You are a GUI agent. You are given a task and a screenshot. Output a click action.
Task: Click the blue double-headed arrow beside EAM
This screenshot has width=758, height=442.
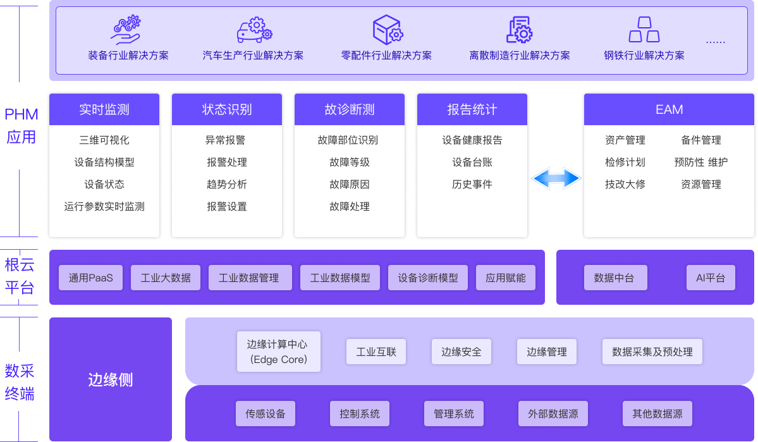click(556, 178)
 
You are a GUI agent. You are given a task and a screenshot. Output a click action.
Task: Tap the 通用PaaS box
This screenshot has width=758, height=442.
click(91, 278)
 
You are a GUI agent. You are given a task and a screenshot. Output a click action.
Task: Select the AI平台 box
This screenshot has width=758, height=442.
click(711, 278)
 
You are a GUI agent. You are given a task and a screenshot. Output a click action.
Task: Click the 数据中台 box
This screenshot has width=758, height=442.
click(614, 278)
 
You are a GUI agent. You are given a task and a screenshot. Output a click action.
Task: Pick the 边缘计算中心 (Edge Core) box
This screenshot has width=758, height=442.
click(278, 352)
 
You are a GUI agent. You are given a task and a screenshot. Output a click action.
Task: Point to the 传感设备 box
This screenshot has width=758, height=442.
click(266, 414)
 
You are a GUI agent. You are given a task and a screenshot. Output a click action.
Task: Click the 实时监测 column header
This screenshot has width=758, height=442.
click(104, 109)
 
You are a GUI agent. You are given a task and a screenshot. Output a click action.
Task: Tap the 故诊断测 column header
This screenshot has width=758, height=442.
click(350, 109)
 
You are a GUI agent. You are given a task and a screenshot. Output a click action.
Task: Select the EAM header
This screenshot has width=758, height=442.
click(669, 109)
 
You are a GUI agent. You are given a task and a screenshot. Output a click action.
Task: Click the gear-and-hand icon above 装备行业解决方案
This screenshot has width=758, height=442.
click(126, 29)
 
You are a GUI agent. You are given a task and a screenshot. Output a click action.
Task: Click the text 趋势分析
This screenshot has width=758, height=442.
click(227, 185)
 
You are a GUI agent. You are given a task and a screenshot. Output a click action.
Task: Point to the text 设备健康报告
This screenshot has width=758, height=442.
click(472, 140)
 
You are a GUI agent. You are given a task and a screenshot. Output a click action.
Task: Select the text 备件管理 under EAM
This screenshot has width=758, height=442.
click(701, 140)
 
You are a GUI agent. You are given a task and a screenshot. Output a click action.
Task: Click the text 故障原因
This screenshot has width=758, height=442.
click(350, 185)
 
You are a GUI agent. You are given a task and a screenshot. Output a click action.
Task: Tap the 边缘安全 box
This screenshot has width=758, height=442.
click(462, 352)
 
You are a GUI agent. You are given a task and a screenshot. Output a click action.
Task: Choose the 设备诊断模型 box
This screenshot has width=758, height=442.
click(428, 278)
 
